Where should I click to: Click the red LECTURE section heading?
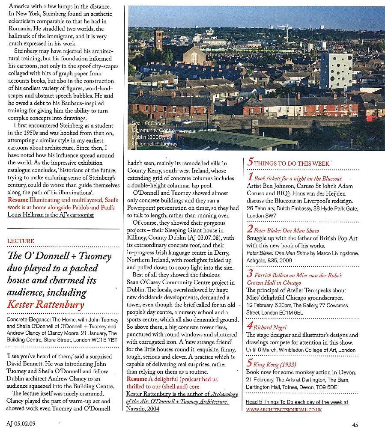[x=21, y=241]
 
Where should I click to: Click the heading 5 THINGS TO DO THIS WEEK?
[x=288, y=163]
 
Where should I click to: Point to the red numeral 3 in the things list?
[x=250, y=273]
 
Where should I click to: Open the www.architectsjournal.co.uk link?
[x=284, y=410]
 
